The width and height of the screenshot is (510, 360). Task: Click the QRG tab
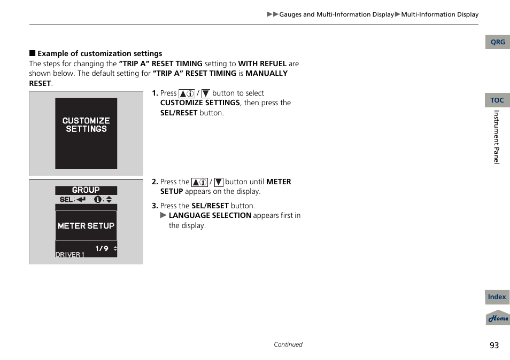(x=497, y=42)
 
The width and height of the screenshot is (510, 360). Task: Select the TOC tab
(x=497, y=100)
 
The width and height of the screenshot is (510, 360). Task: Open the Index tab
(x=497, y=297)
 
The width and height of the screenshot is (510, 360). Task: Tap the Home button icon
(x=498, y=318)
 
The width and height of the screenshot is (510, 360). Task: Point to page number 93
(x=494, y=346)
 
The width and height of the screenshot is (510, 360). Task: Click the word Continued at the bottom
(x=288, y=345)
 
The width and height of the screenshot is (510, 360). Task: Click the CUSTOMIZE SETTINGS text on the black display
(x=86, y=125)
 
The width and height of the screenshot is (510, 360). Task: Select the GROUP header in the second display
(x=86, y=190)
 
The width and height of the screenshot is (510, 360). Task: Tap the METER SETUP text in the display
(x=86, y=226)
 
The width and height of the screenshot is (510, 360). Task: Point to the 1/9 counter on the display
(x=102, y=248)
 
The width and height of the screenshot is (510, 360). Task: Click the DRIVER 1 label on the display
(x=70, y=255)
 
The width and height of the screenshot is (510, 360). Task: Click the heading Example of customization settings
(x=99, y=53)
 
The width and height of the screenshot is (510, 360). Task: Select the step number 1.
(x=154, y=93)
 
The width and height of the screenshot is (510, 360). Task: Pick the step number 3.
(x=154, y=206)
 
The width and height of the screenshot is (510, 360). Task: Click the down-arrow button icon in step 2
(x=218, y=182)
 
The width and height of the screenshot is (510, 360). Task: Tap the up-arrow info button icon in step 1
(x=186, y=93)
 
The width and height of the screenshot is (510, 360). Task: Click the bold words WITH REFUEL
(x=262, y=64)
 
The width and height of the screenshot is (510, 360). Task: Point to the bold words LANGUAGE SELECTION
(x=210, y=215)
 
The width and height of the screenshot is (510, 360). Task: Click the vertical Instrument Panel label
(x=497, y=137)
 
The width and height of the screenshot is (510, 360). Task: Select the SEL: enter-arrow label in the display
(x=73, y=199)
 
